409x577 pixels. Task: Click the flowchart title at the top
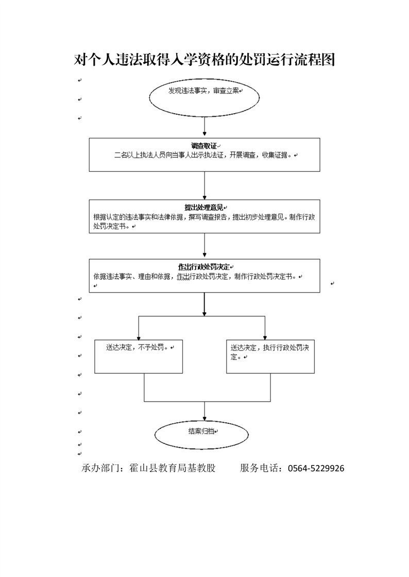[x=204, y=60]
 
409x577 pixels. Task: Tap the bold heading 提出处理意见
[x=204, y=208]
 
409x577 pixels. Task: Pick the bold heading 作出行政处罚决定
[x=204, y=267]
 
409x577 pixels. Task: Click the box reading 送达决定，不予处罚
[x=139, y=356]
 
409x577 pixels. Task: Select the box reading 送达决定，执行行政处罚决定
[x=270, y=356]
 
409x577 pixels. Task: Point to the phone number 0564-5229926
[x=316, y=468]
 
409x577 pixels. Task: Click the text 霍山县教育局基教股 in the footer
[x=173, y=468]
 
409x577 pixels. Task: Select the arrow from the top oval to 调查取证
[x=204, y=126]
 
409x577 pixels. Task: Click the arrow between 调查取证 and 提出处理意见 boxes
[x=204, y=186]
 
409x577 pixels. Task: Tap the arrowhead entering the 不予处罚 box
[x=139, y=338]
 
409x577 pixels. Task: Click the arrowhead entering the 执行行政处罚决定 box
[x=265, y=338]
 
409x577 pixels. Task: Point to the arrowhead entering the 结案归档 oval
[x=204, y=419]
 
